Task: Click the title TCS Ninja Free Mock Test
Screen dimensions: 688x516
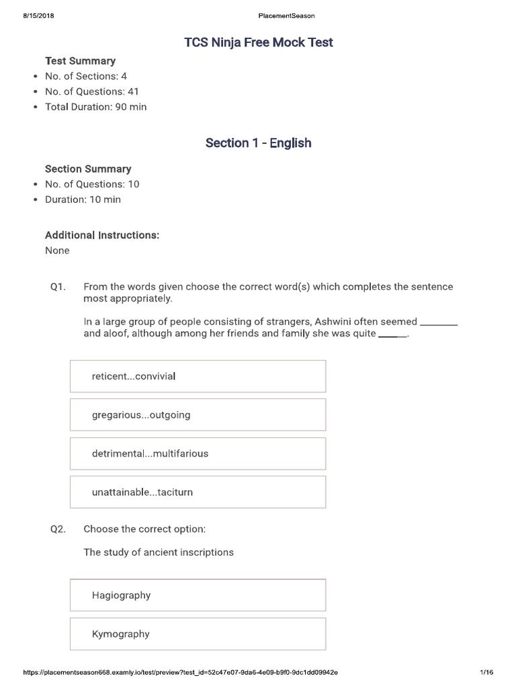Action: (259, 43)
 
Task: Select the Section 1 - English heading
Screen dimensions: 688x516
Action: (258, 143)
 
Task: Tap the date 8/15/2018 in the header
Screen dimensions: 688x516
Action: (38, 15)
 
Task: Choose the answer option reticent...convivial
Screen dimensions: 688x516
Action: (198, 376)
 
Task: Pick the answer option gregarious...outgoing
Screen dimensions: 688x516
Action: (198, 415)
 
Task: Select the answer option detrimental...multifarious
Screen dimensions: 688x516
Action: (198, 454)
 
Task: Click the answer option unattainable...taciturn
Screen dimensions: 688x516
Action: (198, 492)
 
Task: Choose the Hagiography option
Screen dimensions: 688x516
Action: (198, 595)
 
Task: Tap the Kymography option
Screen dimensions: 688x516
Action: (198, 634)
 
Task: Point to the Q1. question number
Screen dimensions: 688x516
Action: (58, 287)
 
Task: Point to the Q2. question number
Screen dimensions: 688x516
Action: (58, 529)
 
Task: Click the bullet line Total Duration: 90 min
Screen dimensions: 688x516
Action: (95, 107)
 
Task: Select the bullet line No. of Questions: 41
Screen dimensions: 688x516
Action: (92, 91)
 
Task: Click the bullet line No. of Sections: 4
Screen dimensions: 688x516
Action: (86, 77)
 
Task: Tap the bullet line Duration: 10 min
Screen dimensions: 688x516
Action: (83, 200)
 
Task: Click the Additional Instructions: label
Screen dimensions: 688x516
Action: (102, 235)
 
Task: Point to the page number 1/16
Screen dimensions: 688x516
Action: (486, 672)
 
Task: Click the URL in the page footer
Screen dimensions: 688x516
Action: (180, 672)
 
